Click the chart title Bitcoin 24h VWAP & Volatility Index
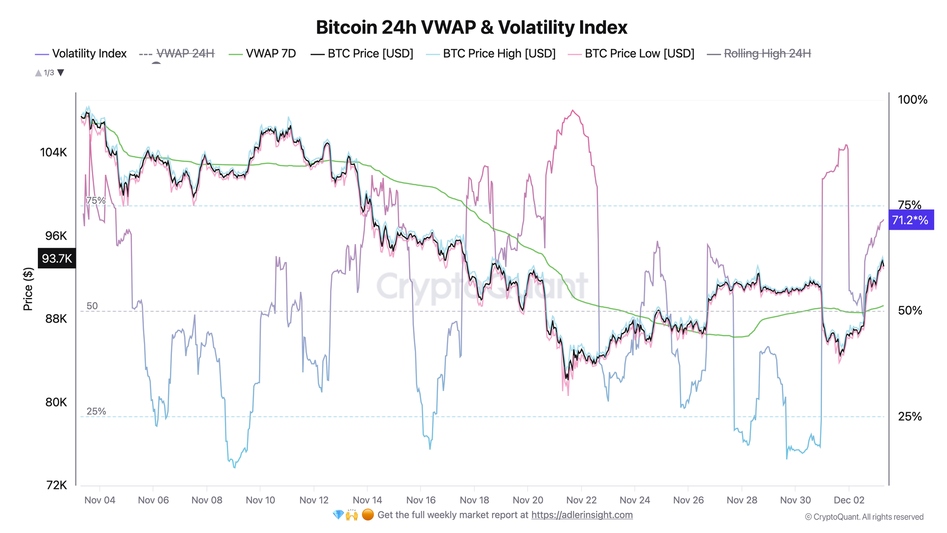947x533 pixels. point(471,27)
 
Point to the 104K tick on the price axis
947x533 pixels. point(54,153)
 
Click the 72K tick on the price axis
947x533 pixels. point(56,485)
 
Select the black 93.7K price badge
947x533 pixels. point(57,259)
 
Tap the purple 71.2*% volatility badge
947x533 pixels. point(911,220)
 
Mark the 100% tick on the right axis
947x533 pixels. point(912,100)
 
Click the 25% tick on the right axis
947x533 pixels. point(910,416)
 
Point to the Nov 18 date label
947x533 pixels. point(474,500)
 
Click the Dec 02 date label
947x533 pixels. point(849,500)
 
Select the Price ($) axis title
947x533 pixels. point(28,289)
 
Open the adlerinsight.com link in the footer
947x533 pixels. point(581,515)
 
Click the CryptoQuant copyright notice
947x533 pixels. point(864,517)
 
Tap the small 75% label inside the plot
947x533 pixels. point(96,200)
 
